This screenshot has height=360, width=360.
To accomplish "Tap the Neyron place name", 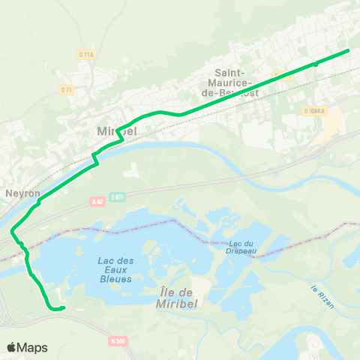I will click(x=22, y=193).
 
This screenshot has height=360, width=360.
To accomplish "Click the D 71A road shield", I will click(x=86, y=54).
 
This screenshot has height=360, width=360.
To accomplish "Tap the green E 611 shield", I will click(x=116, y=196).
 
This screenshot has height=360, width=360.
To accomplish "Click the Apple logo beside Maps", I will click(x=12, y=347).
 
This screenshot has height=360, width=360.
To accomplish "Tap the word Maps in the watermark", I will click(x=34, y=348).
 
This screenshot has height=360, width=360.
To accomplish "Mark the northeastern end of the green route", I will click(x=349, y=51).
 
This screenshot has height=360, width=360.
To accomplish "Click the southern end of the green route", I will click(x=64, y=307).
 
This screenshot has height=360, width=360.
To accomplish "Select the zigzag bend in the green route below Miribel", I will click(x=95, y=157).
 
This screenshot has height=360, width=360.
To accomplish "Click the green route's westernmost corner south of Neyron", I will click(x=12, y=233).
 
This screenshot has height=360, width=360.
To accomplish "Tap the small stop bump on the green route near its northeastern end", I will click(x=316, y=64).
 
